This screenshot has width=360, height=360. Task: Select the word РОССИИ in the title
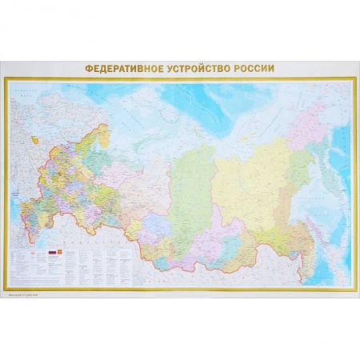click(254, 68)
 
